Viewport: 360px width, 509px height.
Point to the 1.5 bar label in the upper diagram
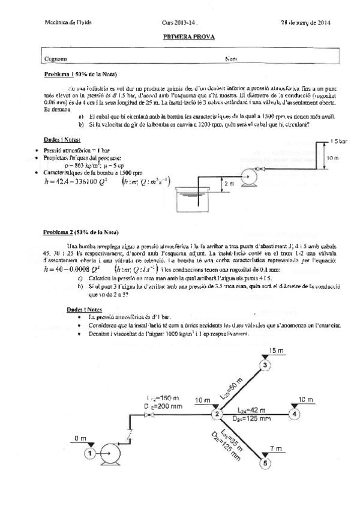click(339, 141)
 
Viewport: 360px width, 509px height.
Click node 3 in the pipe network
click(266, 364)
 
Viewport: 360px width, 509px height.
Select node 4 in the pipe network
click(294, 413)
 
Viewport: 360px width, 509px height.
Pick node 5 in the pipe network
click(266, 462)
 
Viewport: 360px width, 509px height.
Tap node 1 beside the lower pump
click(90, 453)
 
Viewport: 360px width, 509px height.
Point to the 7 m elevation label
click(277, 448)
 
